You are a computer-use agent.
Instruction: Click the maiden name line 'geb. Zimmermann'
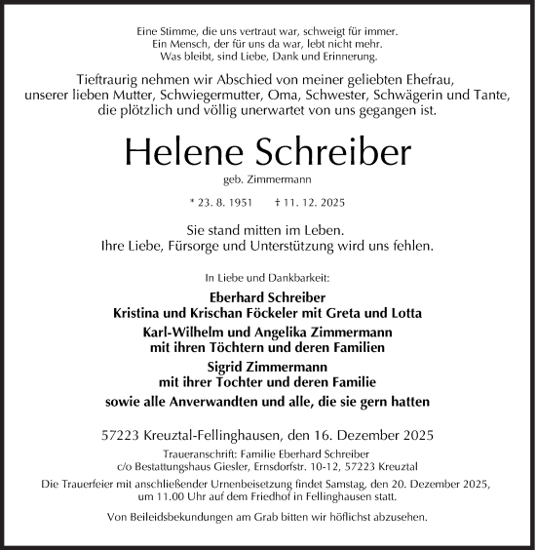point(268,181)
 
